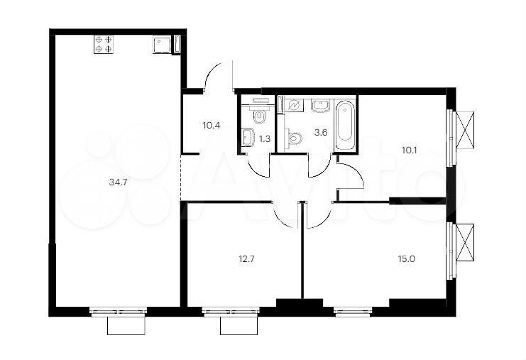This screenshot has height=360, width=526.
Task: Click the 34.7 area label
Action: (x=116, y=182)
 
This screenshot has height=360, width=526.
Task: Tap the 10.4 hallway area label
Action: (x=212, y=126)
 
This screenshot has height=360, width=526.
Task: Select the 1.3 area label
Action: (x=265, y=139)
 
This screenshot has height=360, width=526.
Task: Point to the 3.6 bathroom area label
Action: (x=321, y=132)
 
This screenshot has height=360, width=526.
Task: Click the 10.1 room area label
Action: (x=410, y=150)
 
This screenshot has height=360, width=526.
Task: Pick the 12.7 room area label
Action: (x=247, y=259)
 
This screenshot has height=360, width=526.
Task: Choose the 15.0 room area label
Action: (x=407, y=259)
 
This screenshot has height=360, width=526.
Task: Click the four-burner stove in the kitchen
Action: (x=103, y=44)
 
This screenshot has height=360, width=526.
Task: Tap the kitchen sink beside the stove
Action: (x=162, y=45)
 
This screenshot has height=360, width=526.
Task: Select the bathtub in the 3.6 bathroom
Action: (x=345, y=125)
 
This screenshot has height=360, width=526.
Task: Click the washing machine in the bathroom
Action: (x=294, y=106)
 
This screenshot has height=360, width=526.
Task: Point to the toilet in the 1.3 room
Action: (x=259, y=116)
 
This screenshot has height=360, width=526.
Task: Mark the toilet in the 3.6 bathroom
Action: (x=294, y=138)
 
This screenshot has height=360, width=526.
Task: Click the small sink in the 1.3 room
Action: (x=248, y=138)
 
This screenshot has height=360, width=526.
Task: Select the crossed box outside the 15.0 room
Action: (x=465, y=242)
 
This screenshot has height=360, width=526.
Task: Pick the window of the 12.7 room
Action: (x=231, y=312)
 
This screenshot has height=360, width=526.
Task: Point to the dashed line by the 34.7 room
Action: (x=181, y=177)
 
